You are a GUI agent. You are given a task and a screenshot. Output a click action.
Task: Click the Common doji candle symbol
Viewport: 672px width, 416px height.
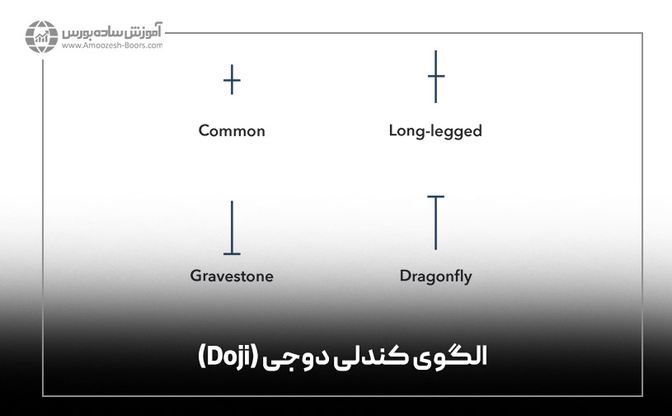coord(233,80)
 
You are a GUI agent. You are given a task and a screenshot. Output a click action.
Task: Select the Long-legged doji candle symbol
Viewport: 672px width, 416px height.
coord(436,77)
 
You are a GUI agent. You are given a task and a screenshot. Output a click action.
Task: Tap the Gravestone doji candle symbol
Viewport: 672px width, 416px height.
coord(233,228)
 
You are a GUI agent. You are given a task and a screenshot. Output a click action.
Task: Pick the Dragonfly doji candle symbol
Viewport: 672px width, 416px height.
coord(436,222)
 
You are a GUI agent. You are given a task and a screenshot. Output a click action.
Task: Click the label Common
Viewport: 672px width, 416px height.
coord(232,130)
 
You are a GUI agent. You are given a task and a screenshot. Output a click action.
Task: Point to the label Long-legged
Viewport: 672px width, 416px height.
coord(435,130)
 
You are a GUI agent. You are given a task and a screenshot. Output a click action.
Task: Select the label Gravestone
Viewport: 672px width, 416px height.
coord(232,276)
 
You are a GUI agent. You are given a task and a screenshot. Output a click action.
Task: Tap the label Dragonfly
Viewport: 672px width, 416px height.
coord(435,276)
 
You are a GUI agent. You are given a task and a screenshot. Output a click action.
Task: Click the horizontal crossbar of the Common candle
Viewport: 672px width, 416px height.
coord(233,81)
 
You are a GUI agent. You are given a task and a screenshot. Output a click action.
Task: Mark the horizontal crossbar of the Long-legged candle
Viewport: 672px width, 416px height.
coord(436,77)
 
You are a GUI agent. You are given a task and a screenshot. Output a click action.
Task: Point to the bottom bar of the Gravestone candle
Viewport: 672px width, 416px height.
coord(233,253)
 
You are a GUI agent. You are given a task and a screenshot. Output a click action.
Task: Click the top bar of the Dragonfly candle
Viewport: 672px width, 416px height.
coord(436,196)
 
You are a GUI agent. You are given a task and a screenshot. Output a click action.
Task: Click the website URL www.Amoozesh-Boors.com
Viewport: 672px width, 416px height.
coord(111,46)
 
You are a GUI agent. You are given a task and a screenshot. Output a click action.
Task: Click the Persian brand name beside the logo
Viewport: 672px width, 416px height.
coord(112,33)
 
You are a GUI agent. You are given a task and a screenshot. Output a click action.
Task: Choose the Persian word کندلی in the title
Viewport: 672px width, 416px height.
coord(381,357)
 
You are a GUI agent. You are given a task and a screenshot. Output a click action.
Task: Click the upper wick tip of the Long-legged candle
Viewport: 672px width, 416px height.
coord(436,52)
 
